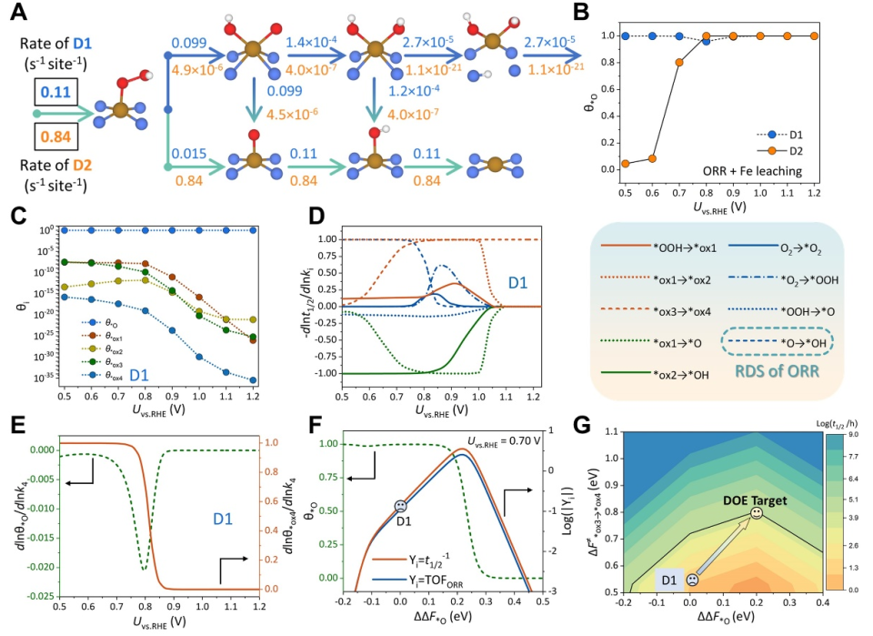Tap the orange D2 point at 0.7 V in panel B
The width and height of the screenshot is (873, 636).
(x=679, y=62)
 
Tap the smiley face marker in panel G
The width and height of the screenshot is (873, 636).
(x=756, y=515)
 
